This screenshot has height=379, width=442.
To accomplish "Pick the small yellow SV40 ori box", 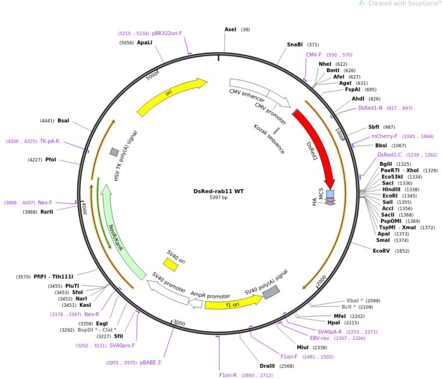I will [x=170, y=264].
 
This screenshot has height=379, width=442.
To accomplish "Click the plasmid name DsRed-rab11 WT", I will [x=219, y=191].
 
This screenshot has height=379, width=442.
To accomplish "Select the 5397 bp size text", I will [x=219, y=198].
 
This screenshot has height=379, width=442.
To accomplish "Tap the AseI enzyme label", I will [x=230, y=29].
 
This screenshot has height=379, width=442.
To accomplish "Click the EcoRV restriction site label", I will [x=383, y=251].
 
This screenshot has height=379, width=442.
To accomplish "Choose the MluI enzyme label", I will [x=302, y=348].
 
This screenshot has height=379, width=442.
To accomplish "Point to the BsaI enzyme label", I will [x=63, y=121].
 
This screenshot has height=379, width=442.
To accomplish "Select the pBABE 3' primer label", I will [x=151, y=363].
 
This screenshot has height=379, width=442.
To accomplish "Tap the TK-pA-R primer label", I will [x=49, y=141].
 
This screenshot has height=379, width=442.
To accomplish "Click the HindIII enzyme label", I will [x=391, y=189].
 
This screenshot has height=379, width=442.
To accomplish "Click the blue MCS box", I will [x=330, y=194].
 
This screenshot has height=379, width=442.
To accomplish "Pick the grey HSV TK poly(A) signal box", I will [x=114, y=152].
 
